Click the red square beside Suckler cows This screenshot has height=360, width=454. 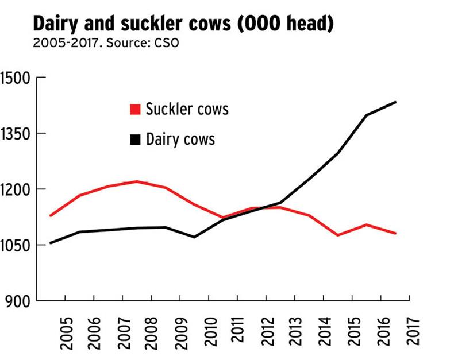coord(136,109)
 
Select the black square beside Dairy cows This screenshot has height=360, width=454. coord(136,140)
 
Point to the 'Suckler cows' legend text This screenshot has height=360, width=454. coord(187,109)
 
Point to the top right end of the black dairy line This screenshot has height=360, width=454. coord(395,102)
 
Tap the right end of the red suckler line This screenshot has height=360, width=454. coord(395,233)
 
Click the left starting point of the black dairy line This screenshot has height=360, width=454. coord(51,243)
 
